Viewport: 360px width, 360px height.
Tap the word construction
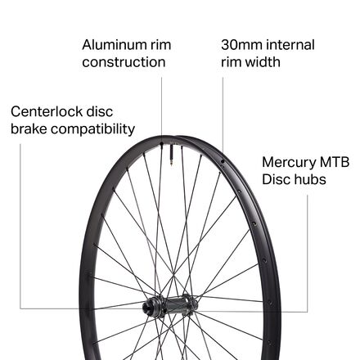[124, 62]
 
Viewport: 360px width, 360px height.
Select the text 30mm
[238, 45]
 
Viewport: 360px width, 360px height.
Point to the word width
[263, 62]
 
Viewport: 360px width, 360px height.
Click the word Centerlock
[47, 111]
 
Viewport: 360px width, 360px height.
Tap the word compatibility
[92, 129]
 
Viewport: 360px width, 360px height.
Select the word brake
[29, 128]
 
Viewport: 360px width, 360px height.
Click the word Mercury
[289, 163]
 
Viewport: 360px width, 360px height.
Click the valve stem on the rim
[172, 155]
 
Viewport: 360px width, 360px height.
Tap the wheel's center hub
[169, 305]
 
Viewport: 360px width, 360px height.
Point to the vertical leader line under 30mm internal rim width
[223, 115]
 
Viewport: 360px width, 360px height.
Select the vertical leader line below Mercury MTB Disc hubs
[308, 253]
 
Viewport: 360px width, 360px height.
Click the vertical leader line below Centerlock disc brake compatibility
[20, 227]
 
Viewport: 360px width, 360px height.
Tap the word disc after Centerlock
[100, 111]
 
